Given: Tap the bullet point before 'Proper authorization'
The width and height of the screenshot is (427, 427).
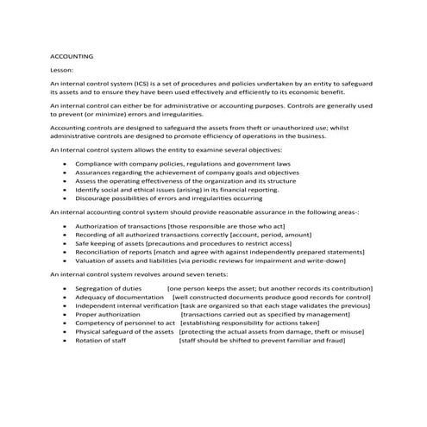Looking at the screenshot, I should (66, 314).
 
